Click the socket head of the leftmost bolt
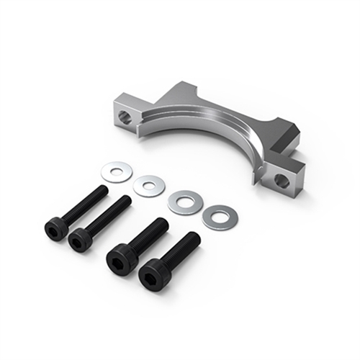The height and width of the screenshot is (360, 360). [x=55, y=229]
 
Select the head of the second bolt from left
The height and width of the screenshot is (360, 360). [x=80, y=240]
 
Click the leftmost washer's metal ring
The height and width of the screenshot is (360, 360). [x=107, y=172]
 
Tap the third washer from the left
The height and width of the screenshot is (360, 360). [x=175, y=202]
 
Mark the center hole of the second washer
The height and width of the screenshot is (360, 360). [x=149, y=186]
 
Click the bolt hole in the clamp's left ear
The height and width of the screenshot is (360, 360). [x=125, y=117]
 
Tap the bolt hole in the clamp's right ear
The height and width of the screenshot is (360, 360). [x=282, y=181]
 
